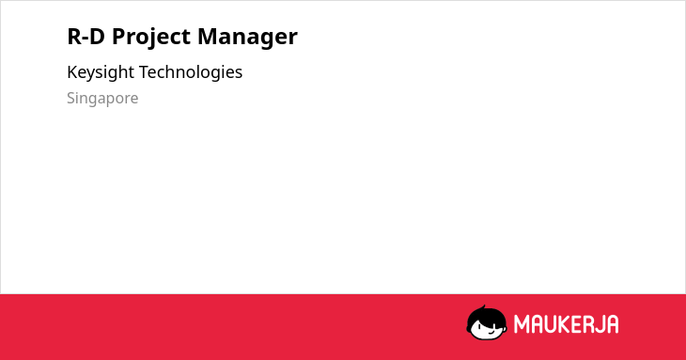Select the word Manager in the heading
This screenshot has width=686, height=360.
247,37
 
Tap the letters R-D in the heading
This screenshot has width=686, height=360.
86,36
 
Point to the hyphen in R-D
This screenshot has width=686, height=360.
85,38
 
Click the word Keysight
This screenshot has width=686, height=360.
101,72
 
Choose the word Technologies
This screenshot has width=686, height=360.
191,72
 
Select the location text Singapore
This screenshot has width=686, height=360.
102,99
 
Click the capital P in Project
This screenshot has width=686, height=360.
119,36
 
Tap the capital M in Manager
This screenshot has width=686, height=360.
208,36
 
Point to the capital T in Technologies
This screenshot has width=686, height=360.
145,71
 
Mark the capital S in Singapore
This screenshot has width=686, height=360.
71,98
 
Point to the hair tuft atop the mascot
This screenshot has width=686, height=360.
483,308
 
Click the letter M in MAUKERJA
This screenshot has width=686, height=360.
522,324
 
